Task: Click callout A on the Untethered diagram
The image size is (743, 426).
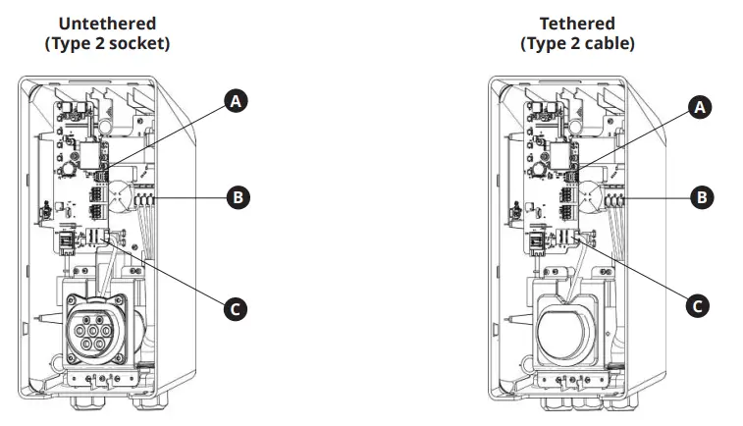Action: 235,100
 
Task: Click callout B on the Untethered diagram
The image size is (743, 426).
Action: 237,197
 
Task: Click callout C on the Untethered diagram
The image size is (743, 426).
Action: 235,309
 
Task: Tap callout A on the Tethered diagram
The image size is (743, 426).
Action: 699,108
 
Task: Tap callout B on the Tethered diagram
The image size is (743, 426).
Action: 702,197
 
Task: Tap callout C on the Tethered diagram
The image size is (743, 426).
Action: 697,305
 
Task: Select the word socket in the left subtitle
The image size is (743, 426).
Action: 132,43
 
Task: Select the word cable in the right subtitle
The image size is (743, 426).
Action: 603,43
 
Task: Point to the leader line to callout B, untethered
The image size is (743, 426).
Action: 191,197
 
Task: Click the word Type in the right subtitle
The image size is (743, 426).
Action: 547,43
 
